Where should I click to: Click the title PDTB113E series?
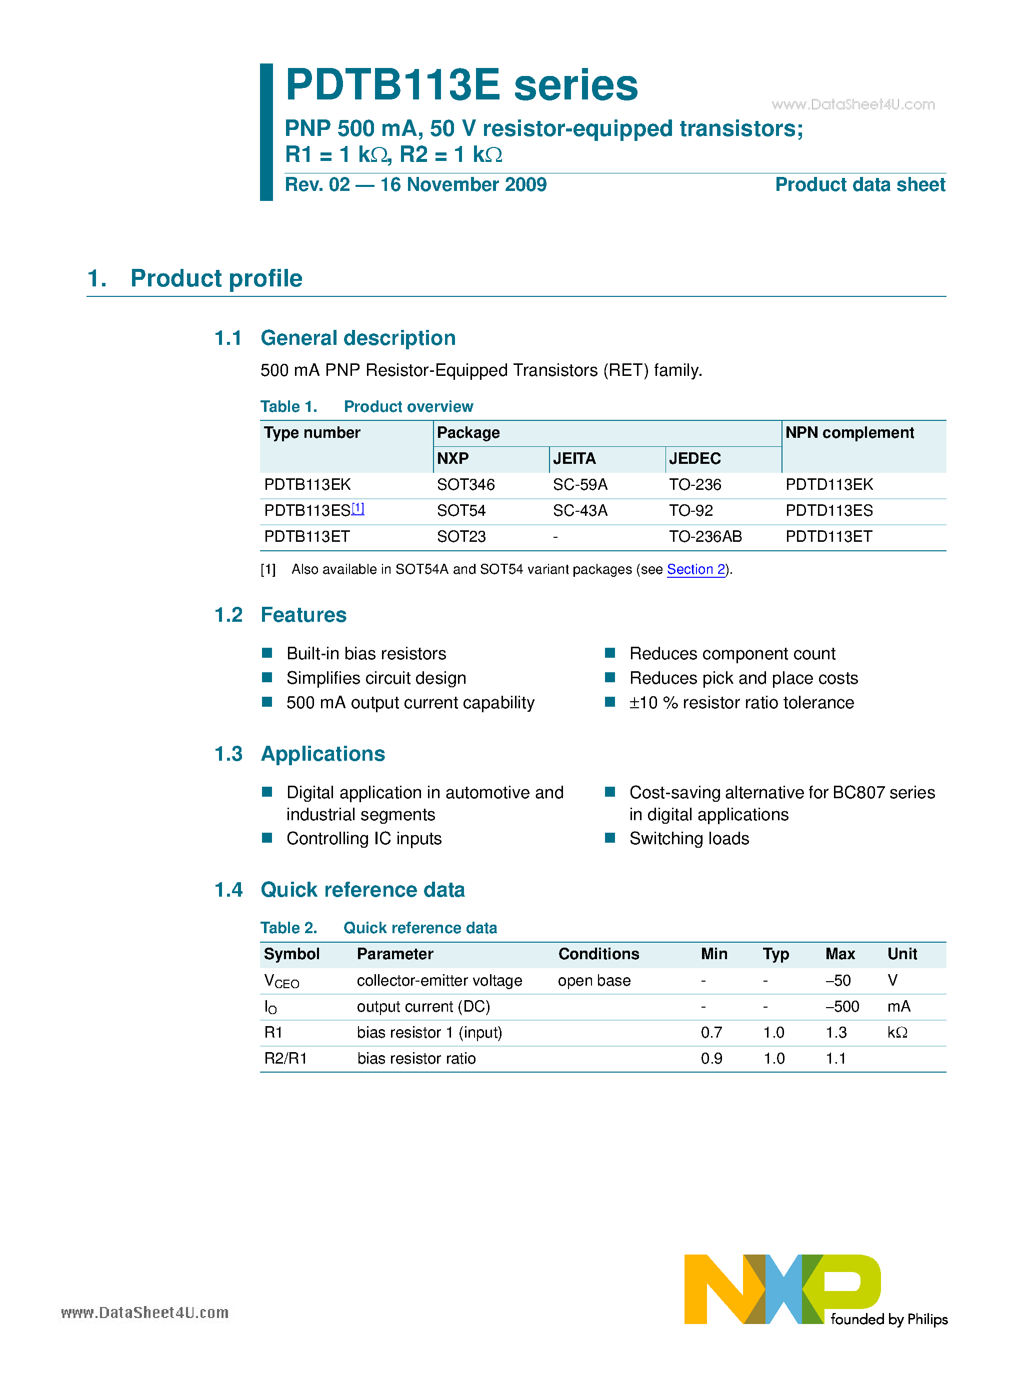(461, 85)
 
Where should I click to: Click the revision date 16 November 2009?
(463, 185)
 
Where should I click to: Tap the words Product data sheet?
(859, 185)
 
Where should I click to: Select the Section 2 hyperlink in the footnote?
(695, 569)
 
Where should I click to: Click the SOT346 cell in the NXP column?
(465, 485)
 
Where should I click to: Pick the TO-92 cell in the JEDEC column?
(690, 511)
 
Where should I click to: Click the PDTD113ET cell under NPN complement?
(828, 536)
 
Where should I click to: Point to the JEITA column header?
(574, 458)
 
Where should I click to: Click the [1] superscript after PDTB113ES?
(358, 508)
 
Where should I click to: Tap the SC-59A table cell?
(579, 485)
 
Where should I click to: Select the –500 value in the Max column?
(842, 1007)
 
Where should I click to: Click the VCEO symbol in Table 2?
(281, 981)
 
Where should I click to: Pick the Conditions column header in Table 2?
(598, 954)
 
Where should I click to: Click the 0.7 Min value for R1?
(711, 1033)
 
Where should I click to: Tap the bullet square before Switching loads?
(610, 838)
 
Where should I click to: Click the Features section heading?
(303, 615)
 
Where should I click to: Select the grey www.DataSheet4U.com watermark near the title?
(852, 104)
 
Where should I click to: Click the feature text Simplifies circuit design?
(376, 678)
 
